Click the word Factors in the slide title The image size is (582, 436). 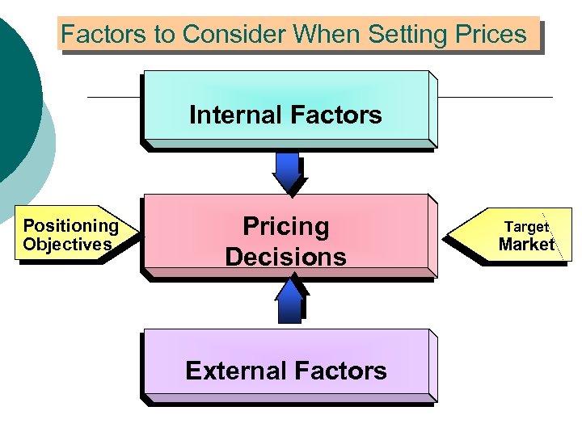tap(91, 35)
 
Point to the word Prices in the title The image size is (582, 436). tap(489, 35)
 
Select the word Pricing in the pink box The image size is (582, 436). tap(286, 226)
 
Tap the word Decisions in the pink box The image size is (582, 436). tap(285, 257)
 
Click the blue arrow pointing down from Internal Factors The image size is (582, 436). tap(287, 171)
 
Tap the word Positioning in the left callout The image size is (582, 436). tap(70, 226)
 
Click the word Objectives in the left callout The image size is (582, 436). tap(67, 245)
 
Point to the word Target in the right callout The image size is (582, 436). tap(527, 227)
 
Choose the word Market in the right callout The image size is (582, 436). tap(526, 245)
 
